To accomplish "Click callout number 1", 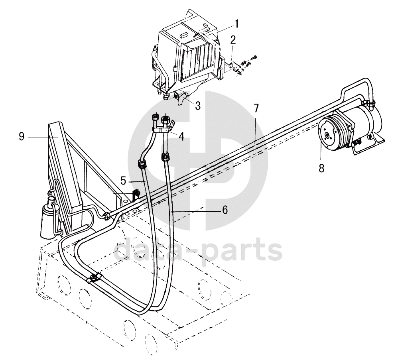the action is [x=236, y=24].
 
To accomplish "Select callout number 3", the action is [x=197, y=105].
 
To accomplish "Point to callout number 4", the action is [x=181, y=136].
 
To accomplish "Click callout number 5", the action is [x=124, y=181].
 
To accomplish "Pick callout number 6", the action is [x=225, y=210].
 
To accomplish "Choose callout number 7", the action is [x=256, y=108].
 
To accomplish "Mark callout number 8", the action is [x=321, y=168].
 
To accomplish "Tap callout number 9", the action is [x=22, y=137].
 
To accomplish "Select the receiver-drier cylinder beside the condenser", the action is [x=49, y=218].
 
